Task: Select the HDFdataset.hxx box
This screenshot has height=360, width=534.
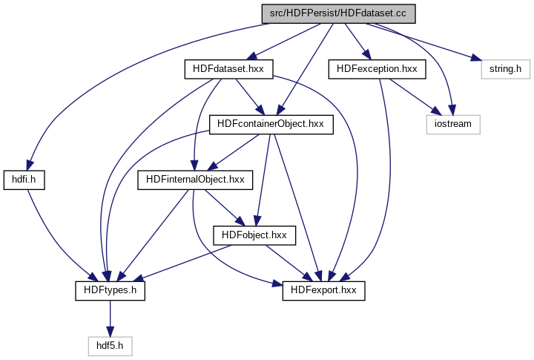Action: click(228, 69)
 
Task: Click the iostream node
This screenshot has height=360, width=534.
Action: click(452, 123)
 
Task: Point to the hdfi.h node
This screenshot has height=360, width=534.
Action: click(30, 179)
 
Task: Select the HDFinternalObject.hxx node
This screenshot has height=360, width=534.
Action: click(195, 179)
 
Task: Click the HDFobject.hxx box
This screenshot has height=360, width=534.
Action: click(254, 235)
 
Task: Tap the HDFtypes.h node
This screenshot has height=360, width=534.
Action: click(110, 290)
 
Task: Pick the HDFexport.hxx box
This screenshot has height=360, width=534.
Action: click(324, 290)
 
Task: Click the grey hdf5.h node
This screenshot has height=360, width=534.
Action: click(110, 345)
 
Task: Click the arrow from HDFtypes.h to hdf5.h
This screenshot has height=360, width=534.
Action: click(110, 318)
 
